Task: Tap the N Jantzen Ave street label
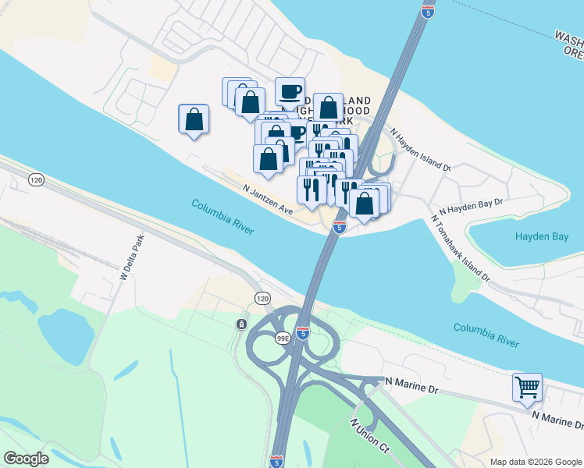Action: coord(267,200)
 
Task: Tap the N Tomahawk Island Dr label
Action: coord(460,248)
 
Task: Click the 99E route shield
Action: coord(283,338)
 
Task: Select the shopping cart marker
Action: coord(527,386)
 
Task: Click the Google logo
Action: coord(26,459)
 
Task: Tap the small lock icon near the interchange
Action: coord(242,324)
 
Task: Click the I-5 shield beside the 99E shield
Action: coord(304,332)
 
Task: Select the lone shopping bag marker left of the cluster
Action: coord(194,120)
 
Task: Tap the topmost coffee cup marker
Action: coord(290,91)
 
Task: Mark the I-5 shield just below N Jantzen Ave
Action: coord(339,226)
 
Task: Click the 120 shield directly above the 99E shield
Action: coord(262,299)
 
